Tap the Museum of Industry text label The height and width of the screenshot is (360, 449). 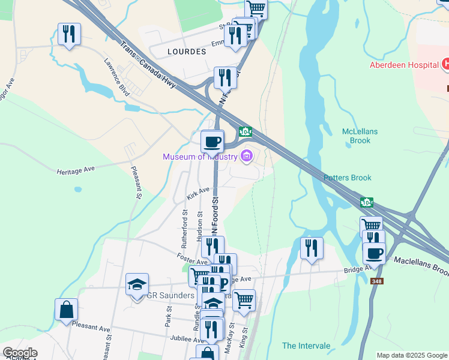pyautogui.click(x=200, y=157)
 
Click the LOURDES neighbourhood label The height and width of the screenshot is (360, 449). pyautogui.click(x=187, y=52)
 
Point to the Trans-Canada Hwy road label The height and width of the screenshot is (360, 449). pyautogui.click(x=148, y=65)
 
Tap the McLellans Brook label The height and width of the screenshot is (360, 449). pyautogui.click(x=356, y=136)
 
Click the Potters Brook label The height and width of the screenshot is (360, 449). pyautogui.click(x=348, y=178)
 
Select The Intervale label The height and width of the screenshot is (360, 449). pyautogui.click(x=306, y=346)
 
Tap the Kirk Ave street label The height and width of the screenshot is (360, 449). pyautogui.click(x=197, y=193)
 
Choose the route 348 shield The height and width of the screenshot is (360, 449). pyautogui.click(x=376, y=281)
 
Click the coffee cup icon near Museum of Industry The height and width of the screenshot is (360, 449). pyautogui.click(x=212, y=142)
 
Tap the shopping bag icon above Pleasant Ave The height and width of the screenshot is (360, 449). pyautogui.click(x=66, y=310)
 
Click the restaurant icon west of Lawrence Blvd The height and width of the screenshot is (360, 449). pyautogui.click(x=69, y=34)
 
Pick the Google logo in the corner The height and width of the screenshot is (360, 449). pyautogui.click(x=20, y=353)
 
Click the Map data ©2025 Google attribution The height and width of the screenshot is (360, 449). pyautogui.click(x=412, y=355)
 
